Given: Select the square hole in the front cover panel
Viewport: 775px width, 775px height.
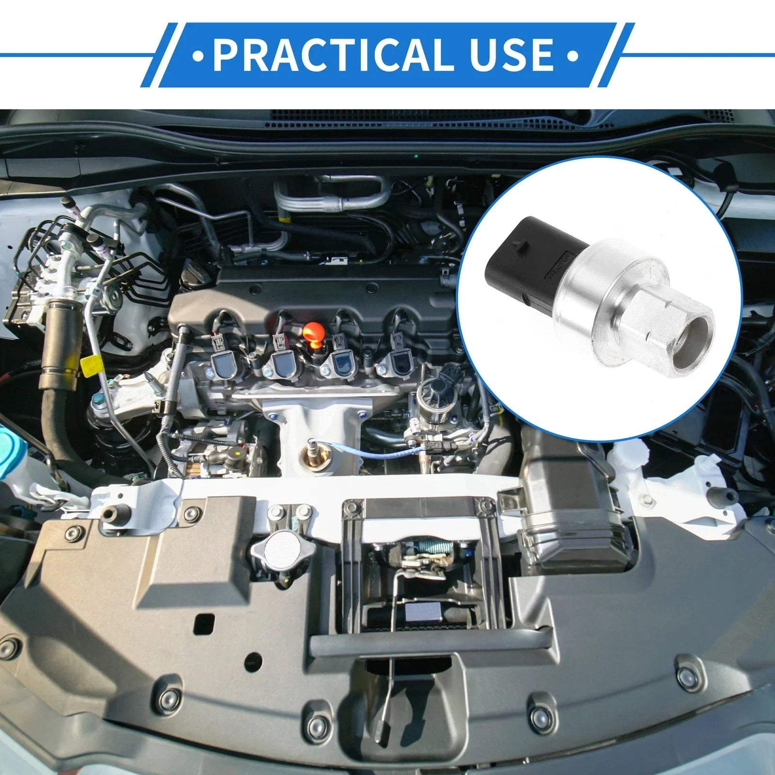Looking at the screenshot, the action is (204, 625).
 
